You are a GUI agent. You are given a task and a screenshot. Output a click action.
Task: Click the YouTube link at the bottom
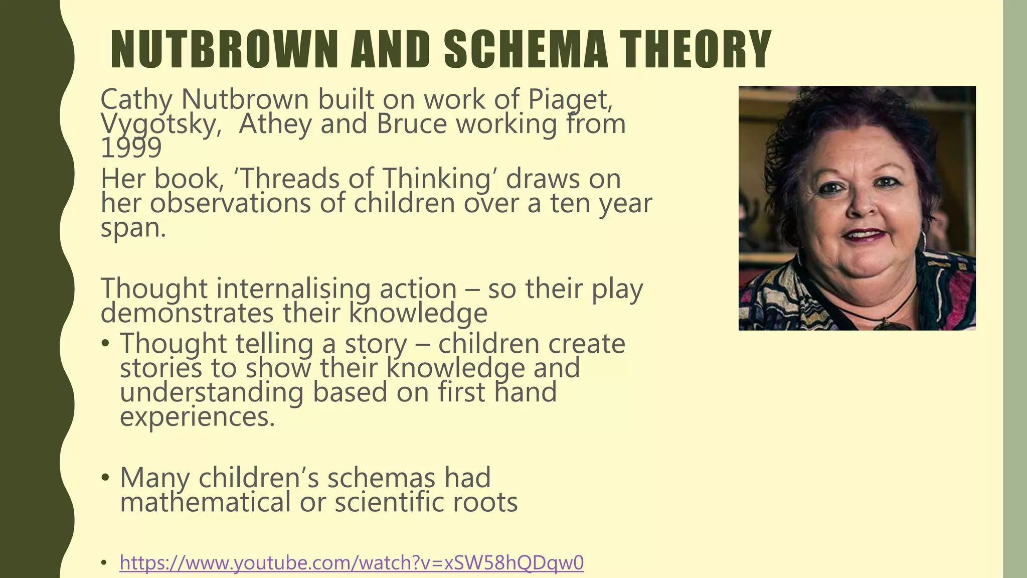tap(352, 563)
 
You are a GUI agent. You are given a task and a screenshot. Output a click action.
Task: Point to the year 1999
tap(131, 148)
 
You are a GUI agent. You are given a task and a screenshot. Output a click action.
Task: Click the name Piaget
tap(570, 99)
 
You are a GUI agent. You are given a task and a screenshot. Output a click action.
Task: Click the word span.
tap(133, 229)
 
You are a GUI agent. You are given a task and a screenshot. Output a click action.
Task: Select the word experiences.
tap(198, 416)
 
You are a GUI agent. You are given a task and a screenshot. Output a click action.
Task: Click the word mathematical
tap(205, 502)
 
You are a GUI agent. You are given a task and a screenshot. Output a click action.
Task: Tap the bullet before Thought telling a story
tap(105, 344)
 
